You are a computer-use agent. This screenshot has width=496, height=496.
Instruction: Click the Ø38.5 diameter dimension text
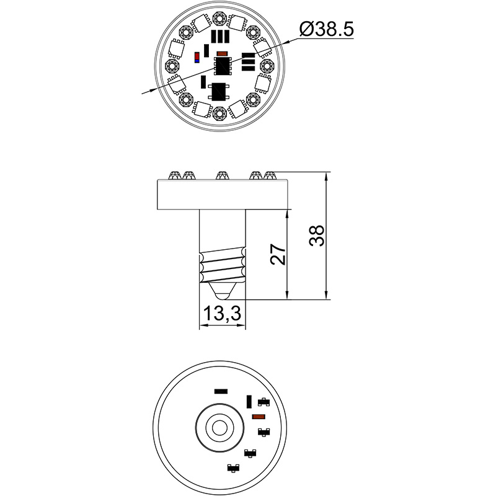point(326,29)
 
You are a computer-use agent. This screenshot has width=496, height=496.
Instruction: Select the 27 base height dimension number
point(279,254)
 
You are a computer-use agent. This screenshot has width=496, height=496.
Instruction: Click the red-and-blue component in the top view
point(197,57)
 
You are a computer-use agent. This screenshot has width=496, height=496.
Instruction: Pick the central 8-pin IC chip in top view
point(222,64)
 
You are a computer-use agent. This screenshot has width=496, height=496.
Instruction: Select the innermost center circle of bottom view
point(219,427)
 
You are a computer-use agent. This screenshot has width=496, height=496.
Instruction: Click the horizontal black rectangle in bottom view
point(219,392)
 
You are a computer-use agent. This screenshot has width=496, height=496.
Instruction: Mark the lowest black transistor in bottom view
point(234,467)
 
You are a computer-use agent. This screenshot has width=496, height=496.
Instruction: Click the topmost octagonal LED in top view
point(218,17)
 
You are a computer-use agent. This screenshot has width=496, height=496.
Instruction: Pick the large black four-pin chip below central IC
point(219,92)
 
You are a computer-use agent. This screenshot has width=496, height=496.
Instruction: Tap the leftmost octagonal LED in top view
point(170,65)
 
